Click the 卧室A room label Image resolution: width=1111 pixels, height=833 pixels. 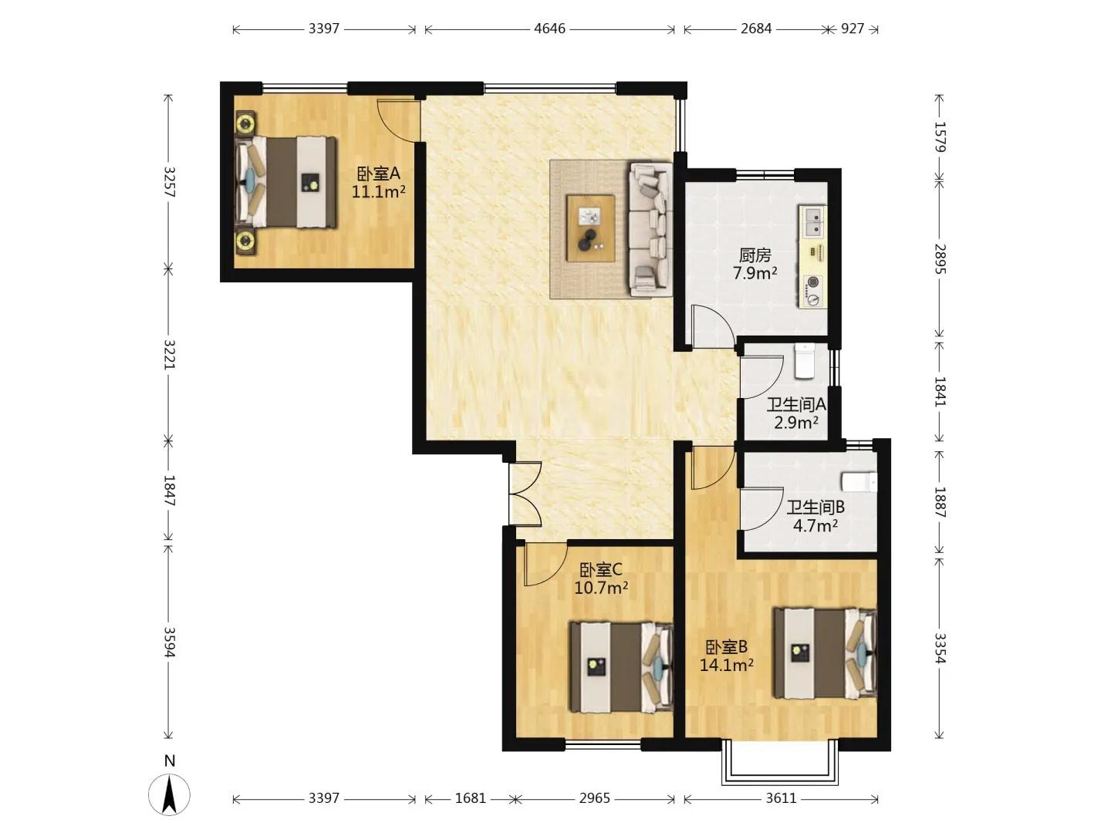click(379, 174)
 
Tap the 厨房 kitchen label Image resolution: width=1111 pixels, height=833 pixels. click(755, 255)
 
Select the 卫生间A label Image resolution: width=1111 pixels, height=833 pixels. click(796, 405)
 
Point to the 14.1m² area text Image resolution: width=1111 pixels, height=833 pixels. click(726, 665)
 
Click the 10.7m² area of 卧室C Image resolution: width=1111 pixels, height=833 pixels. click(601, 588)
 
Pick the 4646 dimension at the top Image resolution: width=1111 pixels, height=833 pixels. click(549, 29)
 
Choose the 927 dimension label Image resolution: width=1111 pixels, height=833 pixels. click(853, 29)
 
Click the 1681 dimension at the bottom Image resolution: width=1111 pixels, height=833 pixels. click(470, 798)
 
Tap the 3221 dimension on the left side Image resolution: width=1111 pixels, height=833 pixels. click(169, 355)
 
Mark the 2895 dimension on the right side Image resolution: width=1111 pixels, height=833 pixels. click(940, 259)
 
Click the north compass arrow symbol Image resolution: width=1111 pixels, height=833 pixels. click(169, 794)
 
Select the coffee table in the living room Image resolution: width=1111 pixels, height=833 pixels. click(591, 228)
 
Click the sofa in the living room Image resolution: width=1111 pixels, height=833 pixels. click(650, 228)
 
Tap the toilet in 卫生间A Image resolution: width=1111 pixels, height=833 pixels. click(804, 361)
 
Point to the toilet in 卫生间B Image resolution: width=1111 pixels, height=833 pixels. click(859, 482)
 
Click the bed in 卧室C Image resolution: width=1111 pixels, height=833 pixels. click(621, 667)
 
